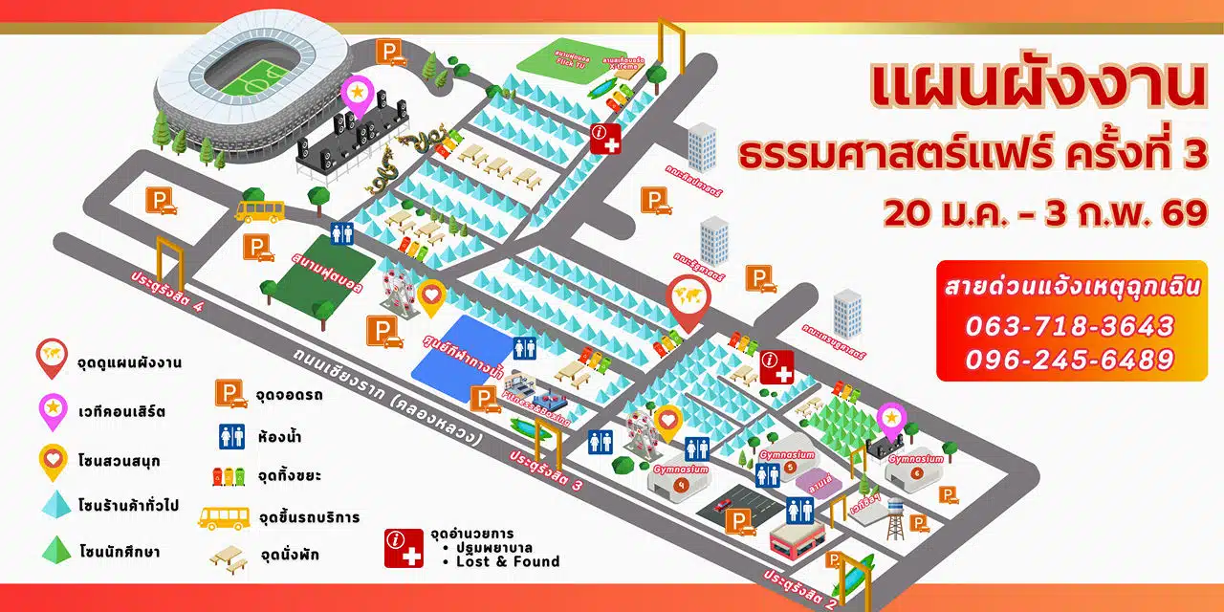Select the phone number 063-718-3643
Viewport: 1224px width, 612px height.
pyautogui.click(x=1069, y=326)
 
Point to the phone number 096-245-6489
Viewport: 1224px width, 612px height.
pyautogui.click(x=1069, y=360)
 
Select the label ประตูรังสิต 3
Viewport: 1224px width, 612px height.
pyautogui.click(x=547, y=469)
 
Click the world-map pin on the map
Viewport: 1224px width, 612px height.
pyautogui.click(x=686, y=297)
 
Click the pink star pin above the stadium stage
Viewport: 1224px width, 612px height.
pyautogui.click(x=357, y=93)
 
